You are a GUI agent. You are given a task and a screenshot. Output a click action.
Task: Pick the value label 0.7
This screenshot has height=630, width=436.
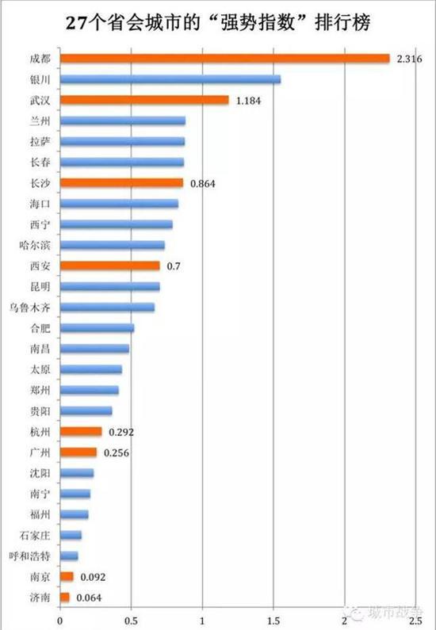pyautogui.click(x=174, y=265)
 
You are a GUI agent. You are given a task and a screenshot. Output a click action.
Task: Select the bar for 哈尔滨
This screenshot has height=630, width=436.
pyautogui.click(x=112, y=245)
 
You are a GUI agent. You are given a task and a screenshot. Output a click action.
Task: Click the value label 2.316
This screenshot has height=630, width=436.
pyautogui.click(x=409, y=59)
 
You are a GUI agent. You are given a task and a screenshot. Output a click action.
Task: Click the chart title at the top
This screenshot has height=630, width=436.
pyautogui.click(x=219, y=22)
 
